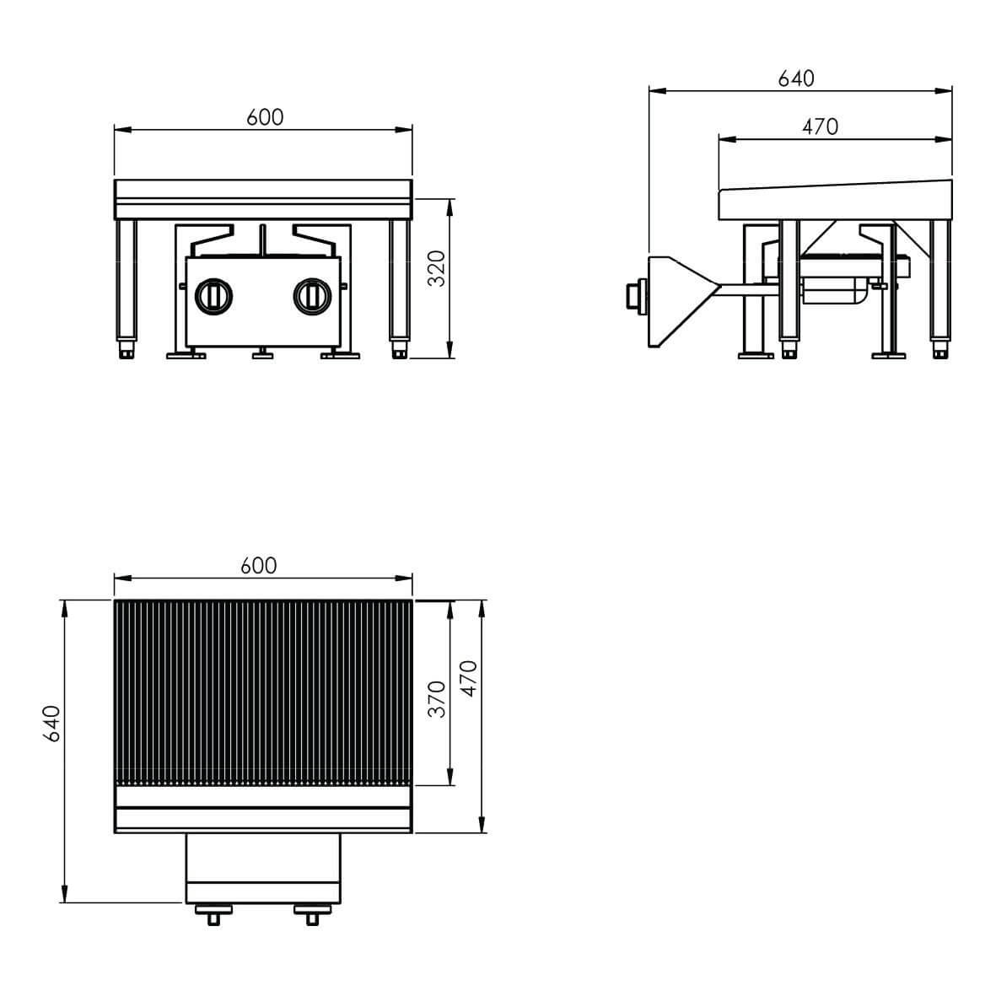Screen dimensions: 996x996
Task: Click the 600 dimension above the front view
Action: coord(265,117)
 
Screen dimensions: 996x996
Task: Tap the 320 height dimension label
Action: coord(436,269)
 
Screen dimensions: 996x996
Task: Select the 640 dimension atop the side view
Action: coord(796,78)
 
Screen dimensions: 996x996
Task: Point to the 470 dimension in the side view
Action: coord(820,127)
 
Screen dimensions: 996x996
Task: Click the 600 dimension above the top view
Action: coord(259,566)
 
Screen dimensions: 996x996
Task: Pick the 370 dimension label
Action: coord(436,699)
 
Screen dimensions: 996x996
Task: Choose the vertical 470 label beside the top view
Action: coord(468,678)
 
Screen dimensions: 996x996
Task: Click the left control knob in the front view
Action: coord(213,296)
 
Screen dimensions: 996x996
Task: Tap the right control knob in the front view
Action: coord(313,296)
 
